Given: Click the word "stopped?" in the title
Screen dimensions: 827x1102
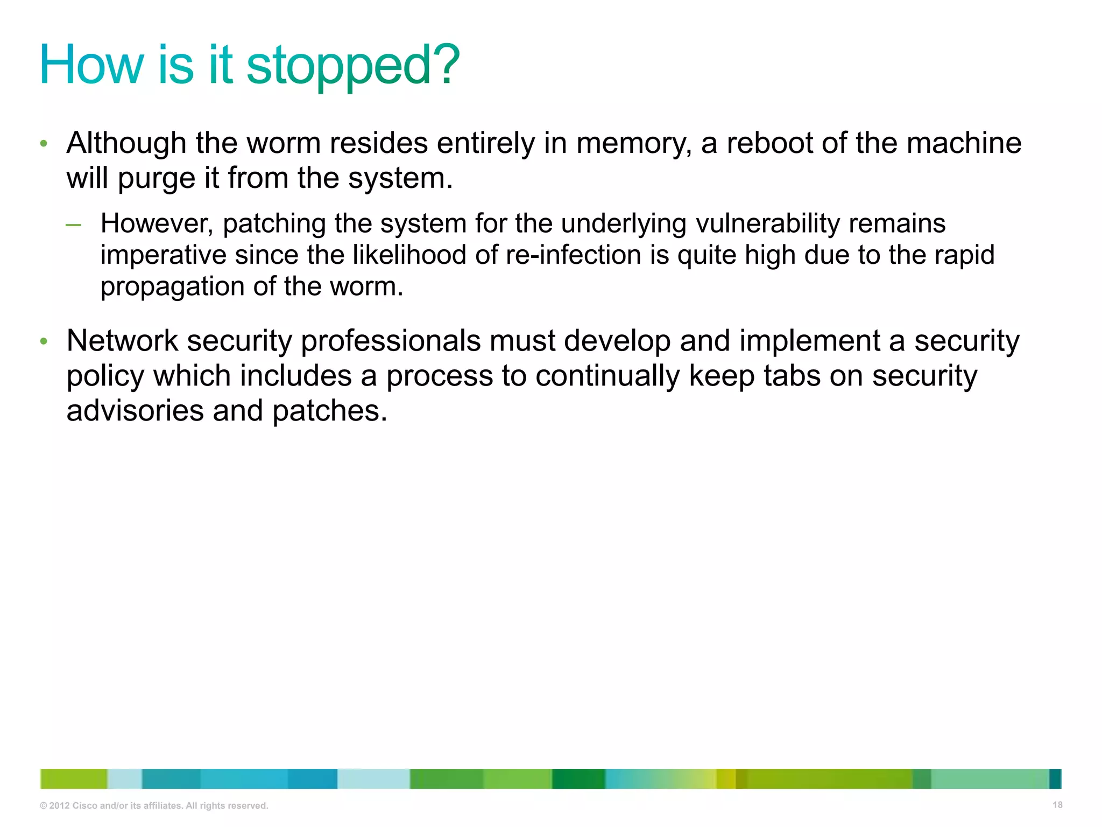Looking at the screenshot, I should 353,66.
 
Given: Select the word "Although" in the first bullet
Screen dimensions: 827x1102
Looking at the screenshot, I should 126,143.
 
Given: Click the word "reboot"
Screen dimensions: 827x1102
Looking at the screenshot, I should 769,143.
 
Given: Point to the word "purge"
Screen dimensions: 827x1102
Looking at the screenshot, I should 156,179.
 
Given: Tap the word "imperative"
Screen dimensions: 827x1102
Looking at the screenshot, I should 164,255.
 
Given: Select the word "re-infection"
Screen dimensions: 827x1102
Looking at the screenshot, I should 574,255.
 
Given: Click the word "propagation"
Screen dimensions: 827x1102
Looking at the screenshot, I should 173,286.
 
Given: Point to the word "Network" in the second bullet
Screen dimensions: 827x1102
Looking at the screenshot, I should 122,341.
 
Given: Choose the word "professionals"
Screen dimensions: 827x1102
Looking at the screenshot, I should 391,341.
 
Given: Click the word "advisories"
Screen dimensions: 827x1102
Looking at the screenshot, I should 135,411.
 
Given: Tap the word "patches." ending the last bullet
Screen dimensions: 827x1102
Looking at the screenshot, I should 329,411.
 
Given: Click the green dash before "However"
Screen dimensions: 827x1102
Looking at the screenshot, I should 74,225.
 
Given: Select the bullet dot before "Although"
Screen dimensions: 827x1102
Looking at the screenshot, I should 44,144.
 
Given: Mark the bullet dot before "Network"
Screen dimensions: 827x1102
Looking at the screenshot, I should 44,341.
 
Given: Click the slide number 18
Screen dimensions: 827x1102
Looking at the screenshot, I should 1057,805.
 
